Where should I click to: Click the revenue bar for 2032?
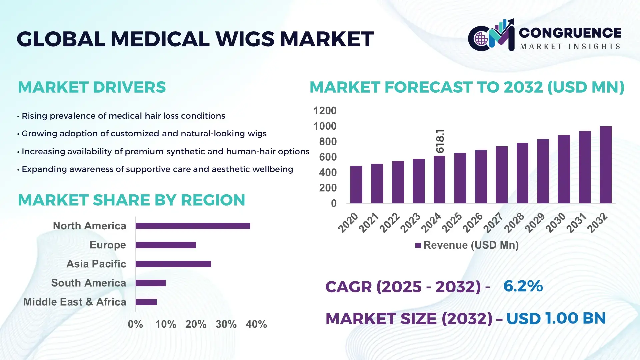pos(605,165)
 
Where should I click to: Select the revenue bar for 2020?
pos(356,185)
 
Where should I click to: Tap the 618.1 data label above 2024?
pos(440,141)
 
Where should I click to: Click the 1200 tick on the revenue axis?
pos(325,111)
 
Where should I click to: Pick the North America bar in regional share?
pos(193,226)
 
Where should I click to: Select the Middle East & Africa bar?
pos(146,302)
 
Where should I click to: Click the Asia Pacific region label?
pos(96,264)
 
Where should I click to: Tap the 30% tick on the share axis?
pos(226,324)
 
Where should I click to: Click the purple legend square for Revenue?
pos(418,246)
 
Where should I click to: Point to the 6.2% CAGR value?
pos(523,286)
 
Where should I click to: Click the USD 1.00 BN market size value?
pos(556,318)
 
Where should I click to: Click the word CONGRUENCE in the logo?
pos(570,33)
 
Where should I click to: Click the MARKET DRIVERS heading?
pos(92,87)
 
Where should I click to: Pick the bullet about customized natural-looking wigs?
pos(144,134)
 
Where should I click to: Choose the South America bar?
pos(150,283)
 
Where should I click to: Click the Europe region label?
pos(108,245)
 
